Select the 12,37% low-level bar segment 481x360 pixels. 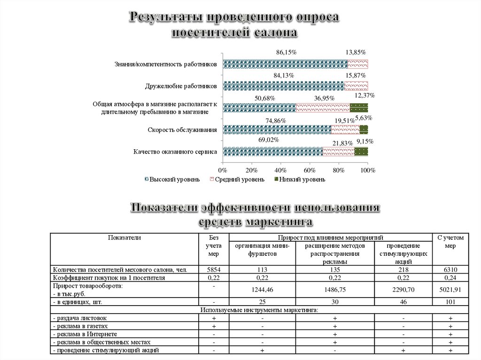[x=359, y=107]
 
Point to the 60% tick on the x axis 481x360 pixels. [x=310, y=170]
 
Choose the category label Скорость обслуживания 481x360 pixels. [x=182, y=130]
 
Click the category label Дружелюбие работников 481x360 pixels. [x=181, y=86]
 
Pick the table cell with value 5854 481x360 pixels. [x=214, y=270]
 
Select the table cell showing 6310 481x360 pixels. [x=450, y=270]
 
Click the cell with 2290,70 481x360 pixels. [x=403, y=290]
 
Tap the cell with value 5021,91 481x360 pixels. [x=450, y=290]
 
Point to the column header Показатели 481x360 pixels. [x=124, y=238]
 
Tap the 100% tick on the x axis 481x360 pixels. [x=368, y=170]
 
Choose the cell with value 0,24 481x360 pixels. [x=450, y=278]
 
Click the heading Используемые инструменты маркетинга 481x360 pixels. [x=259, y=310]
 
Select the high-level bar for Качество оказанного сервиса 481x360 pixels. [x=273, y=151]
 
